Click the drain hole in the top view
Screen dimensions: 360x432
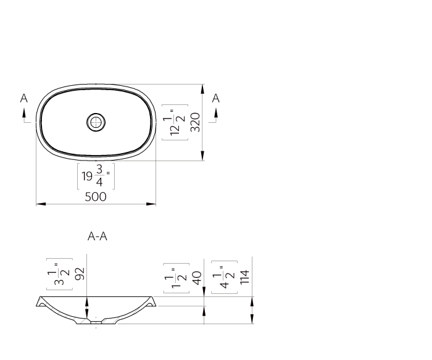(x=96, y=122)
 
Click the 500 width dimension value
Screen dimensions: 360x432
(x=96, y=196)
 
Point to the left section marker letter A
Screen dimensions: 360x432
(x=24, y=98)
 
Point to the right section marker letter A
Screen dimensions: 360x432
(x=215, y=98)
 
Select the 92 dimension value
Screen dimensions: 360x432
(x=80, y=274)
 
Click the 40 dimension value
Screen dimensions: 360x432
(x=197, y=277)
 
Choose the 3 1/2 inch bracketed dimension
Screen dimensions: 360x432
(x=60, y=274)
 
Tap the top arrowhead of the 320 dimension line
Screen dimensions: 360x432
(x=203, y=88)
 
